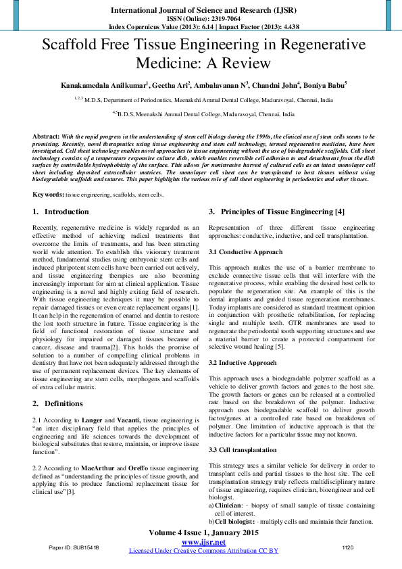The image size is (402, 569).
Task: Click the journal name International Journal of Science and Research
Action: pos(201,11)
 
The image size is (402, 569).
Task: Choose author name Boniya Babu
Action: pos(325,86)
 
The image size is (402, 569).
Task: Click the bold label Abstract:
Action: pos(47,137)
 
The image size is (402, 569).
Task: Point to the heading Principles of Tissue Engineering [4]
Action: pos(282,212)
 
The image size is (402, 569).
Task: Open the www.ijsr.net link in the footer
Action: pos(203,543)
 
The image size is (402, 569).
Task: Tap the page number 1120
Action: pos(348,547)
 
